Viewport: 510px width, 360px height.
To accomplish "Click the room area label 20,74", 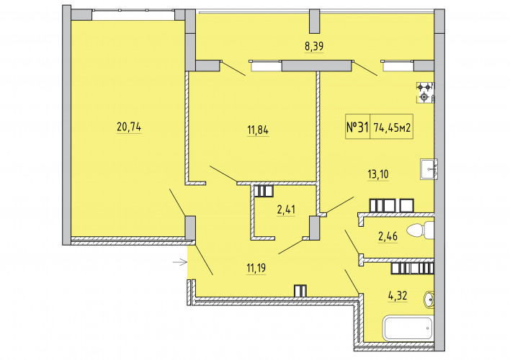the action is pyautogui.click(x=129, y=127).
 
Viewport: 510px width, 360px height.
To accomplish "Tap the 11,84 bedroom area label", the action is pyautogui.click(x=258, y=130).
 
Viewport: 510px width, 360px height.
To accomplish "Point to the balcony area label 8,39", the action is pyautogui.click(x=314, y=47).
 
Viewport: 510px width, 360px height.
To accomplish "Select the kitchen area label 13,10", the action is pyautogui.click(x=378, y=174).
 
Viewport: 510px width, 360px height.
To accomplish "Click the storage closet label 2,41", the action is pyautogui.click(x=286, y=210).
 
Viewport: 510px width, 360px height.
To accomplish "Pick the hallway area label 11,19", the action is pyautogui.click(x=256, y=269).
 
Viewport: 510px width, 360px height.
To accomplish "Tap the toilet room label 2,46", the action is pyautogui.click(x=388, y=236).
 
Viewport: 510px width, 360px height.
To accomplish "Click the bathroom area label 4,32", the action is pyautogui.click(x=397, y=296).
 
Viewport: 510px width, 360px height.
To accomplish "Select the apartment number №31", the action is pyautogui.click(x=357, y=127).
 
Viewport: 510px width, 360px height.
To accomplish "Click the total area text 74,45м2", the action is pyautogui.click(x=392, y=127).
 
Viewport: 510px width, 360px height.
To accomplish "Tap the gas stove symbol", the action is pyautogui.click(x=426, y=93).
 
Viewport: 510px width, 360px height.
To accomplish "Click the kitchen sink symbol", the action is pyautogui.click(x=429, y=169).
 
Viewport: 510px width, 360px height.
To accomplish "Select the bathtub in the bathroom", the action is pyautogui.click(x=408, y=328).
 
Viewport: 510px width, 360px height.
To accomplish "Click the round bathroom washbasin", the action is pyautogui.click(x=429, y=300).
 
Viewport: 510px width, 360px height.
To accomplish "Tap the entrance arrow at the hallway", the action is pyautogui.click(x=179, y=261).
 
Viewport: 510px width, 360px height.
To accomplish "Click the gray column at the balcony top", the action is pyautogui.click(x=314, y=22).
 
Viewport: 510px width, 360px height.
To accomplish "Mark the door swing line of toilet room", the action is pyautogui.click(x=352, y=242).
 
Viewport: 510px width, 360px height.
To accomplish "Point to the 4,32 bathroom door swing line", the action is pyautogui.click(x=352, y=282).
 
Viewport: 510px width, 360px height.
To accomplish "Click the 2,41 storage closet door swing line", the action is pyautogui.click(x=291, y=246).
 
